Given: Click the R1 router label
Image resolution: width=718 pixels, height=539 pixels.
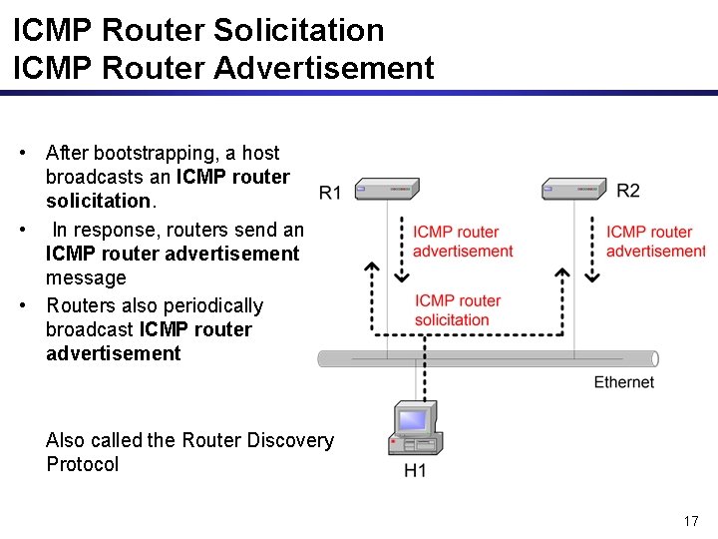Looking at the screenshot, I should [330, 192].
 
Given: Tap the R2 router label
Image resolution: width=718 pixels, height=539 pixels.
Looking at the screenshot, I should [628, 190].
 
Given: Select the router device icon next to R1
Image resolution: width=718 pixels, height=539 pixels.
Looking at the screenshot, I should [387, 189].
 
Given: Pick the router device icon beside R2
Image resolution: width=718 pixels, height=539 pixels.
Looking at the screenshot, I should [574, 188].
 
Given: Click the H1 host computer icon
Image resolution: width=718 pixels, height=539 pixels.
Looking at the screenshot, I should [413, 429].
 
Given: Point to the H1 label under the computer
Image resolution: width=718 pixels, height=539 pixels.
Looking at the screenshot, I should [415, 470].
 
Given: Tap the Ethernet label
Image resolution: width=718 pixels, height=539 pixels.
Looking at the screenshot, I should [624, 382].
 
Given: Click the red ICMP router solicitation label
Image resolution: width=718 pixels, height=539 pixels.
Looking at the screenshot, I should [458, 309].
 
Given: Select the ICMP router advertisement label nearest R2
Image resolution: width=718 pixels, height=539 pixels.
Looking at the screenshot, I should [654, 242].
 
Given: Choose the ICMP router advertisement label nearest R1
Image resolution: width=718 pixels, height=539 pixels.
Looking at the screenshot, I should [463, 242].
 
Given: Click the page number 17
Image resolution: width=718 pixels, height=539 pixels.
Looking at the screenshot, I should [691, 521].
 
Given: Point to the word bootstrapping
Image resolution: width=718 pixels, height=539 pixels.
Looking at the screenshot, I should [155, 154].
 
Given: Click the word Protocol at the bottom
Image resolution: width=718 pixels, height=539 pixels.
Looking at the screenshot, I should [82, 464].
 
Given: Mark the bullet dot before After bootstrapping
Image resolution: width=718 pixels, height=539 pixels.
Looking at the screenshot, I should [22, 153].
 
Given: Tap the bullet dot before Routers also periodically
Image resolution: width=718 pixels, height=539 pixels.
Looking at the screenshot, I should [22, 305].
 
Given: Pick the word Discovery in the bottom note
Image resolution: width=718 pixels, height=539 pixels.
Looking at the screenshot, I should [287, 440].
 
